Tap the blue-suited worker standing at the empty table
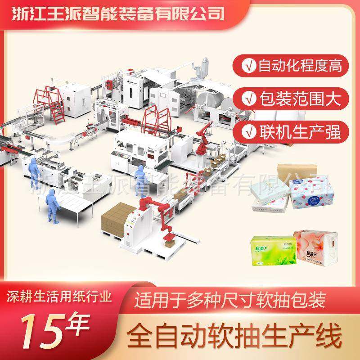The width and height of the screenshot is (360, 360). pos(51,205)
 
